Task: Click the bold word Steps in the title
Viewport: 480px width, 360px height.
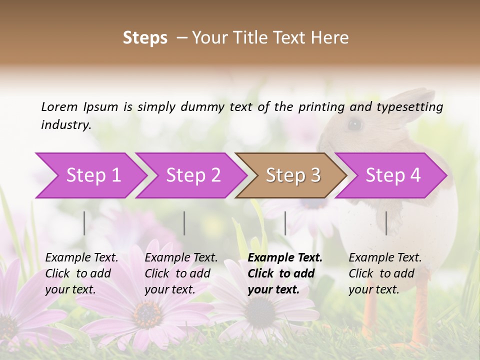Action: (145, 38)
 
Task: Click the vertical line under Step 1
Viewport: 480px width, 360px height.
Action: (84, 223)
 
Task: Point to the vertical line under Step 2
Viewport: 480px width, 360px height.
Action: (184, 223)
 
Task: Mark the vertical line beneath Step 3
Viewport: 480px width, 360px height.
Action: (285, 223)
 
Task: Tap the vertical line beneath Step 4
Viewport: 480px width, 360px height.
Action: (386, 223)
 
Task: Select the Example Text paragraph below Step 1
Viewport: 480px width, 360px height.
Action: (81, 273)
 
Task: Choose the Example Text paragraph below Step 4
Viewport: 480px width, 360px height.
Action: (385, 273)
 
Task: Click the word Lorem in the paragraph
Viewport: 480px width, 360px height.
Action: (59, 106)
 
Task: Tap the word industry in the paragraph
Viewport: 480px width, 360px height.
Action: (65, 124)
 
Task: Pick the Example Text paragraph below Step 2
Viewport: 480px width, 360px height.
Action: (181, 273)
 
